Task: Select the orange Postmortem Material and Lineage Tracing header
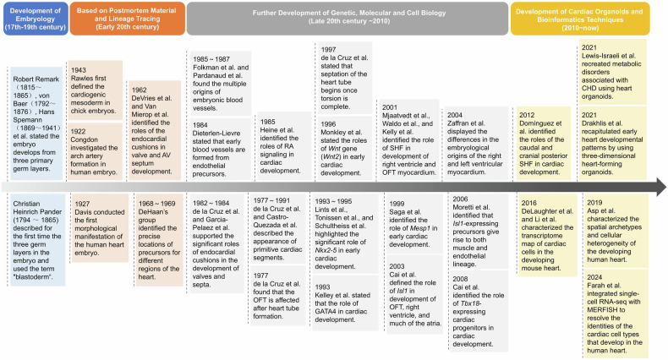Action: (126, 18)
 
